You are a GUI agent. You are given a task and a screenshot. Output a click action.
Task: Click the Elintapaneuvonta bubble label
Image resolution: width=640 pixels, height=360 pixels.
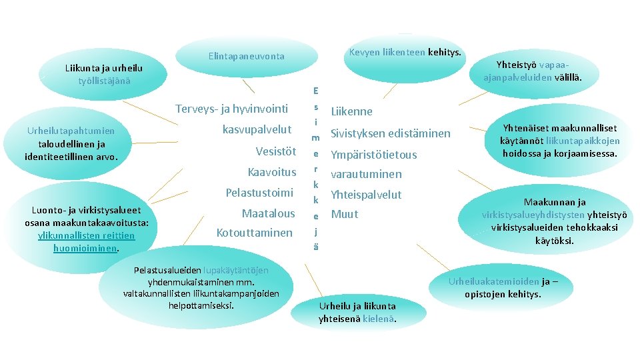(246, 56)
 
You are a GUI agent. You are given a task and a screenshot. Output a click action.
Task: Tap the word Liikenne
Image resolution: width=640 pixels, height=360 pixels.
(351, 111)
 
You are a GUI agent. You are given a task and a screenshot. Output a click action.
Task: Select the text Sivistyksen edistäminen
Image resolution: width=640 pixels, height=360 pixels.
(390, 133)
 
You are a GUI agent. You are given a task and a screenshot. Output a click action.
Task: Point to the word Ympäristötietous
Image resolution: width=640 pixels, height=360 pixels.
(373, 155)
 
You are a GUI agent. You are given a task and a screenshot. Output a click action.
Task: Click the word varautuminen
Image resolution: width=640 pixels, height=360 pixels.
(366, 174)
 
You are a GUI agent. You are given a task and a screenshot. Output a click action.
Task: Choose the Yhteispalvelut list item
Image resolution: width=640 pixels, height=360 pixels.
(366, 195)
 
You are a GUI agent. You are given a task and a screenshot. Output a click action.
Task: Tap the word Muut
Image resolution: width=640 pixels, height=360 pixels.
(345, 214)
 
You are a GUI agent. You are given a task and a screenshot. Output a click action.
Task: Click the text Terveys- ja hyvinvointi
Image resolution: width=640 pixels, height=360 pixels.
(231, 109)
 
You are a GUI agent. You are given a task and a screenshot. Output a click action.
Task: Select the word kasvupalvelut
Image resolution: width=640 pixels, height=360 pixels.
(257, 129)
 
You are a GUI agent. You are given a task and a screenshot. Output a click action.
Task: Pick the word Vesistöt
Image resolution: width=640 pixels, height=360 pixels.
(275, 151)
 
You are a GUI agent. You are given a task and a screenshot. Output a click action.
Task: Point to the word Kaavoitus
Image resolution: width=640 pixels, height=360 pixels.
(271, 172)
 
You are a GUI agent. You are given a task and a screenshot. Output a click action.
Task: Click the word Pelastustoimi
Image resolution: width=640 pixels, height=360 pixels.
(259, 193)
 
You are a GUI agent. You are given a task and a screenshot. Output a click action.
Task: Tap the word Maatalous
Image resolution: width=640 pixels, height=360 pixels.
(268, 213)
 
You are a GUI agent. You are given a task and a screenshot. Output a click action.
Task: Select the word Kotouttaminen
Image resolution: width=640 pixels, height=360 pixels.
(254, 233)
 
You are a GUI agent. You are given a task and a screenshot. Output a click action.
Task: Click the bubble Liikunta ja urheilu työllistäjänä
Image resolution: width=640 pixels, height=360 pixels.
(103, 74)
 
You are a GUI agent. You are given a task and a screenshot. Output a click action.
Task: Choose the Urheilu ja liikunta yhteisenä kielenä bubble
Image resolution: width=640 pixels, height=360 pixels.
(357, 312)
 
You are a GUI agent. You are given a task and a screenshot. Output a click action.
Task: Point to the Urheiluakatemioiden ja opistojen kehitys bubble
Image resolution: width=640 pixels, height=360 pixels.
(503, 287)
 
